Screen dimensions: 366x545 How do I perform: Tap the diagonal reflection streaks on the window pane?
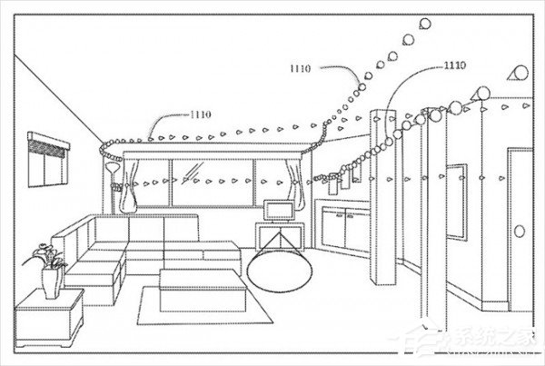pyautogui.click(x=192, y=172)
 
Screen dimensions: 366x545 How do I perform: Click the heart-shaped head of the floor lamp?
pyautogui.click(x=111, y=168)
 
